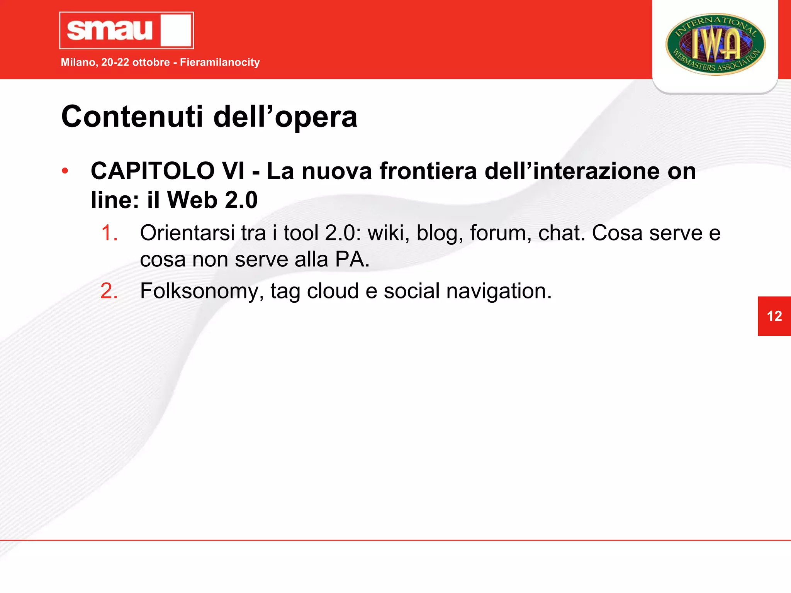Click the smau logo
tap(126, 30)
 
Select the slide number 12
tap(774, 316)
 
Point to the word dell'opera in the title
tap(285, 117)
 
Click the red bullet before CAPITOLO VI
tap(65, 171)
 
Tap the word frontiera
tap(428, 171)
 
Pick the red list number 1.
tap(109, 233)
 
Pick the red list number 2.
tap(109, 291)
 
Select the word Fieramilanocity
tap(220, 62)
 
